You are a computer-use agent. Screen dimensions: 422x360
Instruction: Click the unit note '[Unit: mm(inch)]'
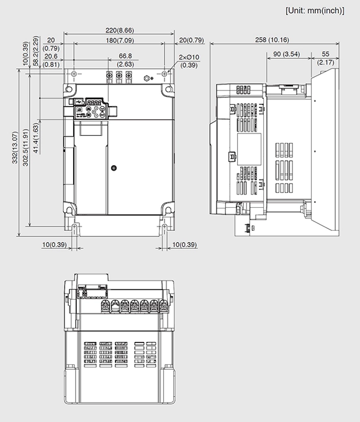[315, 11]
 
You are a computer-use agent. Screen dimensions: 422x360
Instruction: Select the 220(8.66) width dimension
[119, 30]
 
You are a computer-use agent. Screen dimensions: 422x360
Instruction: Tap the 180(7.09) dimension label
[119, 40]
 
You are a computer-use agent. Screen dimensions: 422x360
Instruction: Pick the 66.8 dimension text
[125, 56]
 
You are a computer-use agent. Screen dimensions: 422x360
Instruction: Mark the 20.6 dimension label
[51, 56]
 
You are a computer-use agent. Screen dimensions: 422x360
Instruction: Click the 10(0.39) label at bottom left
[54, 245]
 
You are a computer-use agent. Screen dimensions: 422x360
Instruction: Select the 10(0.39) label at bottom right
[184, 245]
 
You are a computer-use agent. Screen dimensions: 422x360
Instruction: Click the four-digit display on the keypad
[94, 103]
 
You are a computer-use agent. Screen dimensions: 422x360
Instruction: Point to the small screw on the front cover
[114, 167]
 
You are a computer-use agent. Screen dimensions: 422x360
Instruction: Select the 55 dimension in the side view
[325, 55]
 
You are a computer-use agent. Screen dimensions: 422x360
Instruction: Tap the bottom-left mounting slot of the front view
[74, 228]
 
